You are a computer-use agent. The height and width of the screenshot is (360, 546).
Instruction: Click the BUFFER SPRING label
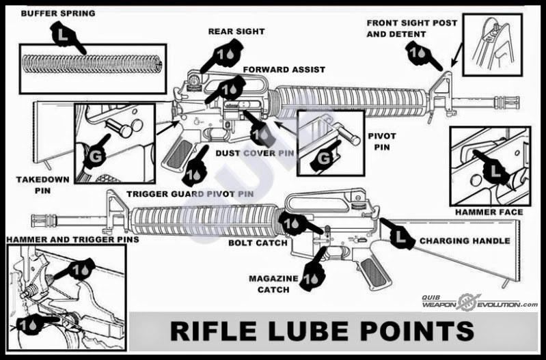pos(58,13)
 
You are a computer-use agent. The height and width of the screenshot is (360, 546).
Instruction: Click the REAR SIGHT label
pos(236,31)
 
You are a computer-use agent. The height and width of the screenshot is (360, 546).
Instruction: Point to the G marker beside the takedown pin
pos(94,158)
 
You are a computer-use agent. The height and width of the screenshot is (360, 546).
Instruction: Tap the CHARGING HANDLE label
pos(464,240)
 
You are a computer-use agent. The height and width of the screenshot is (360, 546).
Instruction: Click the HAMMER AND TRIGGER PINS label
pos(71,239)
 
